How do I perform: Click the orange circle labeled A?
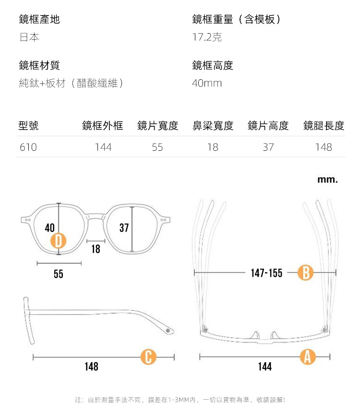click(x=308, y=357)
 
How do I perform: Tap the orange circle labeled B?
click(x=306, y=273)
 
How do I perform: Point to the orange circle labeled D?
click(x=58, y=240)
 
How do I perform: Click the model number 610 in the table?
click(x=28, y=147)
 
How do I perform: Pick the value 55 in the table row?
click(x=157, y=147)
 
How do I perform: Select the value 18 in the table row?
click(x=213, y=147)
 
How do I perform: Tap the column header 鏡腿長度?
click(x=324, y=126)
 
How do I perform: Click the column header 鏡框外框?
click(x=103, y=126)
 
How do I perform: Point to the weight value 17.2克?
click(x=207, y=37)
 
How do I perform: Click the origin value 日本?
click(x=29, y=37)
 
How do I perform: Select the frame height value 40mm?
click(x=207, y=84)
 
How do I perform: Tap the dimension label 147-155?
click(x=266, y=273)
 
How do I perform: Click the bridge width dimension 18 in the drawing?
click(x=96, y=249)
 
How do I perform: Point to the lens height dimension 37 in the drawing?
click(x=124, y=228)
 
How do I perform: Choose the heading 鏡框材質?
click(x=39, y=65)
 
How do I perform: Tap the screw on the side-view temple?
click(x=168, y=331)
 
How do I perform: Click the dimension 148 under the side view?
click(x=91, y=367)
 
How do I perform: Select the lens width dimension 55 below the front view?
click(x=58, y=274)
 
